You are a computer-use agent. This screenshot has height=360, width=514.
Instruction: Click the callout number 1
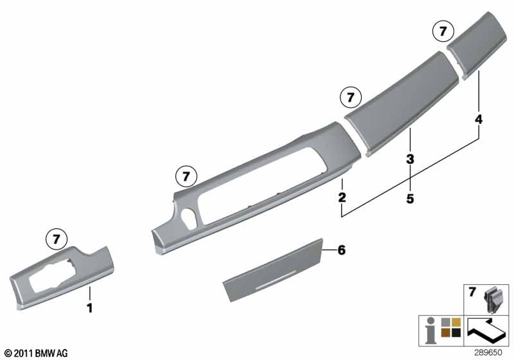[x=89, y=308]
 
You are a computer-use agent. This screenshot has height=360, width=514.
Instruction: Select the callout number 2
[x=342, y=197]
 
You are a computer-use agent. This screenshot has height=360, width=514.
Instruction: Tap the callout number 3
[x=410, y=159]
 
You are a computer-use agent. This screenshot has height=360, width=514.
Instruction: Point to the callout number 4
[x=479, y=119]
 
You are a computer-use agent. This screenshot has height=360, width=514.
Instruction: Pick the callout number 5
[x=410, y=199]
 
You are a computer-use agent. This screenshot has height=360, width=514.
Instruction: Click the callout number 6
[x=342, y=250]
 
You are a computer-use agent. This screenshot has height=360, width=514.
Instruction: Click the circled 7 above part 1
[x=57, y=239]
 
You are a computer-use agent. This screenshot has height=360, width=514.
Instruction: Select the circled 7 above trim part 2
[x=186, y=176]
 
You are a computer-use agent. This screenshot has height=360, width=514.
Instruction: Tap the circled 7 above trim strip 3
[x=351, y=97]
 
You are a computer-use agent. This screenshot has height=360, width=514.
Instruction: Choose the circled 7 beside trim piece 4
[x=443, y=31]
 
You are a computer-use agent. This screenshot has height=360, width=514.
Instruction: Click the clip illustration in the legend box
[x=492, y=300]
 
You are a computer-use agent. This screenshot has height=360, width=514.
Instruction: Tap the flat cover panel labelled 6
[x=272, y=270]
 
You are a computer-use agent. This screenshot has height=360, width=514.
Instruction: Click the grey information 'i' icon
[x=430, y=330]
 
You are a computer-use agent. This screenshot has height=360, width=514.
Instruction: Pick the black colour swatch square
[x=456, y=332]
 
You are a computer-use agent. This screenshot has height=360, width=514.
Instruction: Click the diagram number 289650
[x=488, y=353]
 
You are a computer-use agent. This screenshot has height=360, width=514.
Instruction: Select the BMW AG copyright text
[x=37, y=353]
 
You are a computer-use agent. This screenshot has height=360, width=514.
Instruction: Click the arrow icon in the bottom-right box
[x=486, y=330]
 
